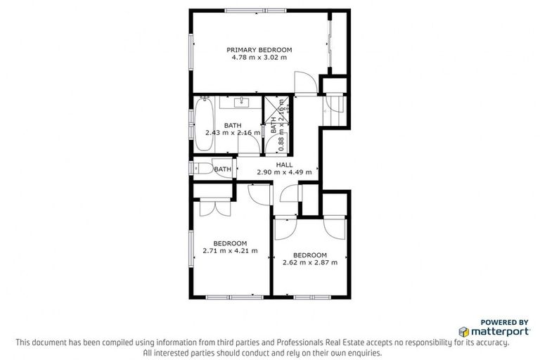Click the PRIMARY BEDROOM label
click(259, 50)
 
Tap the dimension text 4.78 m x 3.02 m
click(259, 58)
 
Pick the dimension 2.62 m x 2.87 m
click(310, 262)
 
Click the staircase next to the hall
click(333, 106)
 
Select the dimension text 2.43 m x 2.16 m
click(232, 132)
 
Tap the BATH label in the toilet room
click(223, 169)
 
